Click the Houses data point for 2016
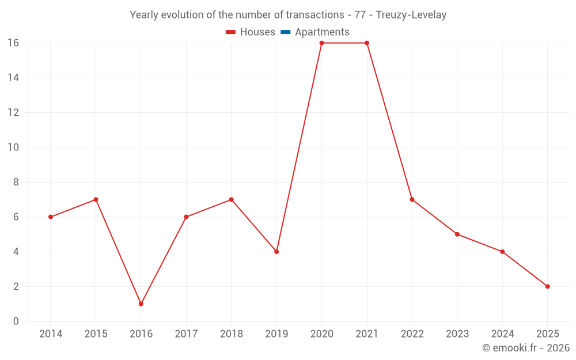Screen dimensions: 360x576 coord(141,304)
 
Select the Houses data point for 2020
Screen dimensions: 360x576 coord(321,43)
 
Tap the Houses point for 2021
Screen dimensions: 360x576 coord(367,43)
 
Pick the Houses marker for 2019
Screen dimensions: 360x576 coord(276,252)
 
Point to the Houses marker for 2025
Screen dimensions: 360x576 coord(547,286)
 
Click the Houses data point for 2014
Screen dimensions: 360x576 coord(51,217)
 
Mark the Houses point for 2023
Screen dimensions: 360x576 coord(457,234)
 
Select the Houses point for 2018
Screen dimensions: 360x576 coord(231,200)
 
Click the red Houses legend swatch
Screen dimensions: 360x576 coord(231,32)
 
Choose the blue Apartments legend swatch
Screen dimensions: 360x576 coord(286,32)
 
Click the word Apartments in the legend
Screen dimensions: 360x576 coord(322,32)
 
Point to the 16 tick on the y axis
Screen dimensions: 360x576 coord(13,43)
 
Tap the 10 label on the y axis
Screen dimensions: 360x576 coord(13,147)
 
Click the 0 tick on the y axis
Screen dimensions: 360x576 coord(16,321)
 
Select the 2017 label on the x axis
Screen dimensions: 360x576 coord(186,334)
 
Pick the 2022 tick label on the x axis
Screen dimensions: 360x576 coord(412,334)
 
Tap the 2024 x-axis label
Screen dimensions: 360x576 coord(502,334)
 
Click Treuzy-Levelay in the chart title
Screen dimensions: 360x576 coord(411,15)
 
